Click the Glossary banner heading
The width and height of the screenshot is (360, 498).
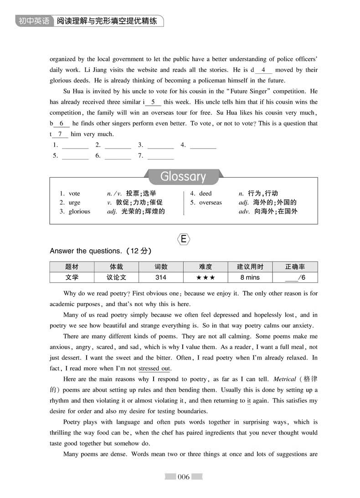click(x=183, y=176)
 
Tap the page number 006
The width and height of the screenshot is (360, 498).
click(x=183, y=477)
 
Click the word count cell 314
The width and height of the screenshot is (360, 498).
click(x=161, y=277)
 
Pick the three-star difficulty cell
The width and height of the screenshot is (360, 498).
click(x=205, y=277)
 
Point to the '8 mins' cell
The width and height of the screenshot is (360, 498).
click(x=250, y=277)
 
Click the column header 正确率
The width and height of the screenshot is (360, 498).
click(x=295, y=267)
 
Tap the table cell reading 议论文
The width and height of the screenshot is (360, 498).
click(x=116, y=277)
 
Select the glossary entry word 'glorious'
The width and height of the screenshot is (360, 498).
click(x=79, y=211)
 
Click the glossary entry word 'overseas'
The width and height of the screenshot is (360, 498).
click(x=211, y=203)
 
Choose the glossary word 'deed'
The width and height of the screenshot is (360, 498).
click(x=206, y=194)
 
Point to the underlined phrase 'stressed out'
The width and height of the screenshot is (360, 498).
click(x=154, y=369)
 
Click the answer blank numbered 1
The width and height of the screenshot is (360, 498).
click(x=75, y=145)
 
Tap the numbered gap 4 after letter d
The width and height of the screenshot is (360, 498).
click(x=263, y=70)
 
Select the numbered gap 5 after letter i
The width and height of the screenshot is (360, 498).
click(x=153, y=102)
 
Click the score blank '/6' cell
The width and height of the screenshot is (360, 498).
click(x=295, y=277)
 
